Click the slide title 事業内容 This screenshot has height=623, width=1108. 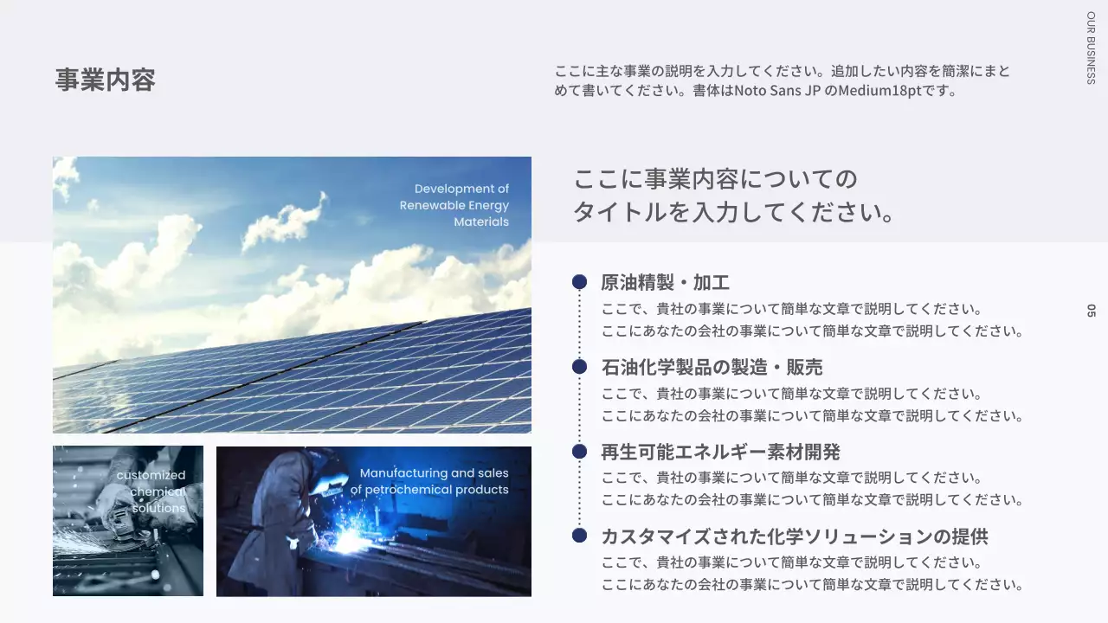tap(105, 80)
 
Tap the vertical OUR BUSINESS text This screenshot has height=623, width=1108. tap(1091, 47)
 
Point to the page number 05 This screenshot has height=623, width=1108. tap(1091, 311)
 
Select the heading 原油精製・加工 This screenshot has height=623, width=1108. tap(665, 283)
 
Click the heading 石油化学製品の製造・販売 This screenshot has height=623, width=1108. tap(712, 368)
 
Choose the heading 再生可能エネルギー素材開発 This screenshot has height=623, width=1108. tap(720, 452)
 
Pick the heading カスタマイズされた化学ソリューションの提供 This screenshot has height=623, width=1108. tap(794, 536)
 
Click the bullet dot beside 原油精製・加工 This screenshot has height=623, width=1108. tap(579, 281)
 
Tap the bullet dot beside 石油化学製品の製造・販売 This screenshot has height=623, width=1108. tap(579, 366)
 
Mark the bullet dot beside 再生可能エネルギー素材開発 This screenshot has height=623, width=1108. tap(579, 451)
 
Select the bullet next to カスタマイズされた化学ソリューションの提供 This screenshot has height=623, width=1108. tap(579, 536)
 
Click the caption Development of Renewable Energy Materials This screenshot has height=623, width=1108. tap(454, 205)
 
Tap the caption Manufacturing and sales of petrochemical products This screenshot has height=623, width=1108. tap(430, 481)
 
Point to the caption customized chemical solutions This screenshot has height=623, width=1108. tap(152, 491)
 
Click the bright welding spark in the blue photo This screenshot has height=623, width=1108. tap(348, 541)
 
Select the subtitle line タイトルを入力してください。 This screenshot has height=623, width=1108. tap(733, 212)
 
